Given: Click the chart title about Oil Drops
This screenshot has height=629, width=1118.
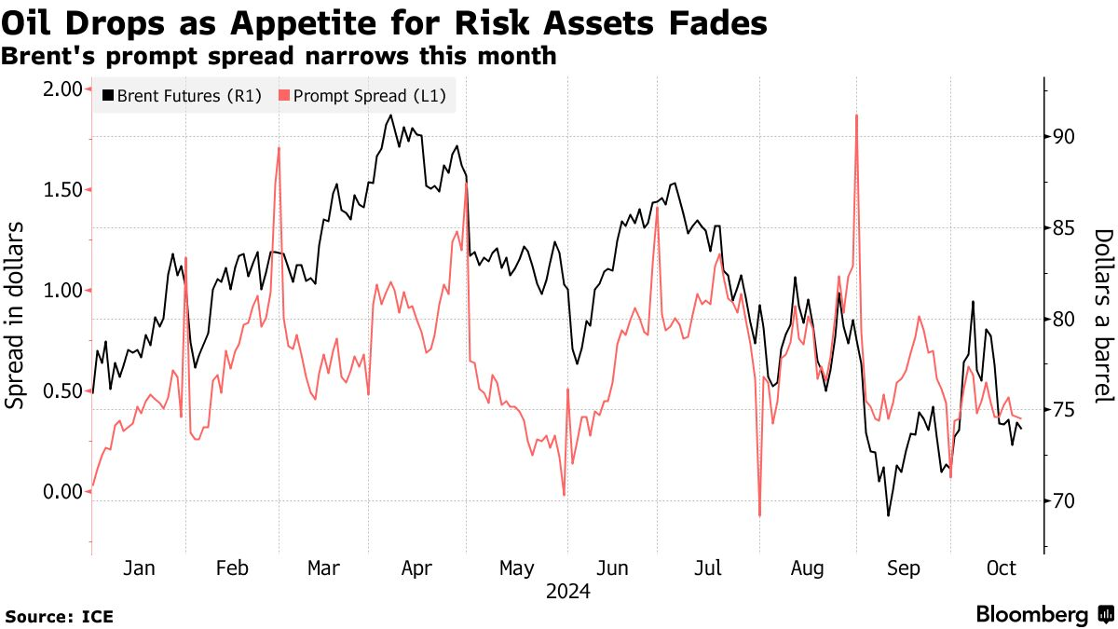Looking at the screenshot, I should [x=384, y=21].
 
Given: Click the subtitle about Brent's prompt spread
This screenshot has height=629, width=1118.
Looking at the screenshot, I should [x=279, y=57].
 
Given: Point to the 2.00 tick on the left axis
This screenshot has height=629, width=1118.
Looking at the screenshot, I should [x=62, y=89].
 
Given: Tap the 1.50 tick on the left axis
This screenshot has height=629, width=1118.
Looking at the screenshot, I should [x=62, y=190].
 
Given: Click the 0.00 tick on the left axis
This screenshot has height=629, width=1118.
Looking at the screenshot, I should [x=62, y=492].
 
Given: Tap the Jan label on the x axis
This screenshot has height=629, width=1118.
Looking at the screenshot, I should [x=139, y=568].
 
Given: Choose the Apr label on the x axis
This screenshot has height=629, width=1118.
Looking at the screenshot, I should [x=416, y=568].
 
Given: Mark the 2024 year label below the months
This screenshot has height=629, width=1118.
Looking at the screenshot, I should [x=567, y=591].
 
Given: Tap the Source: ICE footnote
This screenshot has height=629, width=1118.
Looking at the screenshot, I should [x=60, y=616].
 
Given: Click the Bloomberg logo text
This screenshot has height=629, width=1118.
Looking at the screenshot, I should [x=1031, y=615].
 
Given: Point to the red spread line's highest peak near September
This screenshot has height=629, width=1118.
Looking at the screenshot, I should [x=855, y=116].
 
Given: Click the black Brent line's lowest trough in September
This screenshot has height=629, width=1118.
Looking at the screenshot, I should [x=889, y=515].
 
